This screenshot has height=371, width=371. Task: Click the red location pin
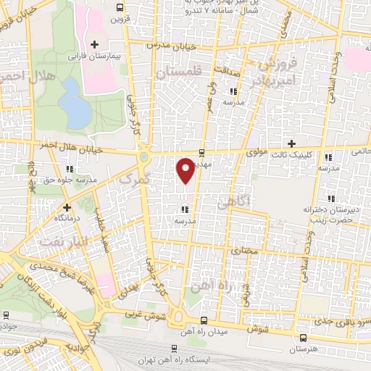185,170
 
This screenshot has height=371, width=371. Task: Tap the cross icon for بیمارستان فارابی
93,45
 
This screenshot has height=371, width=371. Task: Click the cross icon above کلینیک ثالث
292,143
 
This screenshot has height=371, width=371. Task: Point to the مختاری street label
243,251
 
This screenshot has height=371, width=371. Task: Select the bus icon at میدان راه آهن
204,320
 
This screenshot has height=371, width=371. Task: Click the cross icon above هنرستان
302,337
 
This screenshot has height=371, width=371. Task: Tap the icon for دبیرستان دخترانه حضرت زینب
331,199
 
